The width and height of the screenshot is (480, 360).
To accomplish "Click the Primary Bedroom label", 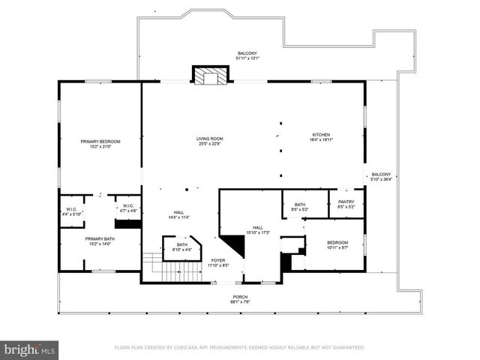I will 100,144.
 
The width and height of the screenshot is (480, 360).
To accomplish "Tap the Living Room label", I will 210,141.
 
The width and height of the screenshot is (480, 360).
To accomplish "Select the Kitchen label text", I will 321,138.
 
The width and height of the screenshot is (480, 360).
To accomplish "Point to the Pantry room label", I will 346,204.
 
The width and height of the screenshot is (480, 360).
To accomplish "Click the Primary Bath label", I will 100,241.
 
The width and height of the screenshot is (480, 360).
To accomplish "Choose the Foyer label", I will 217,262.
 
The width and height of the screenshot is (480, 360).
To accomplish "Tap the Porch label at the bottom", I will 239,299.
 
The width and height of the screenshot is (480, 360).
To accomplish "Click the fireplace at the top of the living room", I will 211,76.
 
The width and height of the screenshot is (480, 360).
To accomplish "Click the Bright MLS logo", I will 30,349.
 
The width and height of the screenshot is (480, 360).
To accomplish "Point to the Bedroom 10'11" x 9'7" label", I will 337,244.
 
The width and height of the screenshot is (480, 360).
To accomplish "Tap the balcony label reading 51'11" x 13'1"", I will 248,55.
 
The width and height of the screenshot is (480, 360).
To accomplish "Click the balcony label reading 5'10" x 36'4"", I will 381,176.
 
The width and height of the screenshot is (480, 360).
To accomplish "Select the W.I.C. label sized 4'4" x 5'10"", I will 73,211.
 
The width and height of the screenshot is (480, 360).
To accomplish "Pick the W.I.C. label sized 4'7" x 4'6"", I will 127,208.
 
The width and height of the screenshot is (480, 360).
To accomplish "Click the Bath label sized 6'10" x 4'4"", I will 182,247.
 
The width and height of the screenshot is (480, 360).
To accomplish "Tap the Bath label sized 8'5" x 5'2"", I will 300,207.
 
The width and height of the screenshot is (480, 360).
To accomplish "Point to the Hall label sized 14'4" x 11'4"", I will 179,214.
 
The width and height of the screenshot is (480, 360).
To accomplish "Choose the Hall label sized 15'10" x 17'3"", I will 257,229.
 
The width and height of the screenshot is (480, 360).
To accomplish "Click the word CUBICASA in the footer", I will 190,348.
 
